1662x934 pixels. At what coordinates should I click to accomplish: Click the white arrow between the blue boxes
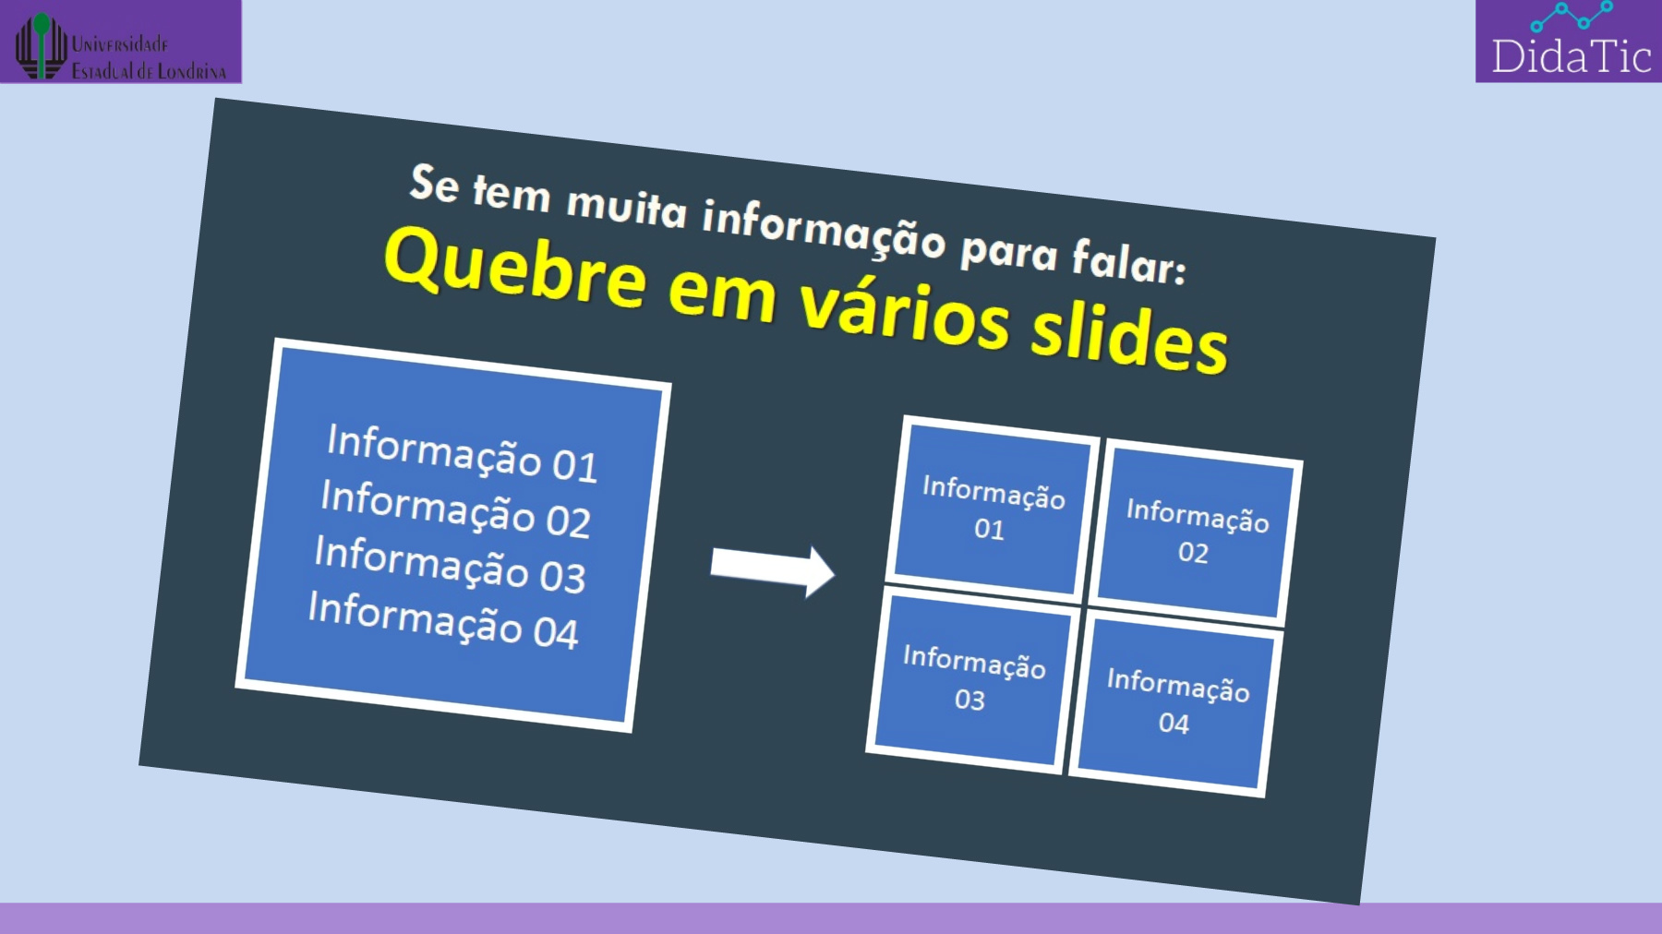[772, 569]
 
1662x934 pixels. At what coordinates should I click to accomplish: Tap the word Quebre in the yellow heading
[515, 268]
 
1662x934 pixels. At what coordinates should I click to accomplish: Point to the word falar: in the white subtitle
[1128, 261]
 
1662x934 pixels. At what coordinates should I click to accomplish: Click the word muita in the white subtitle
[627, 204]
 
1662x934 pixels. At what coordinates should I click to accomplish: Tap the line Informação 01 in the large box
[463, 452]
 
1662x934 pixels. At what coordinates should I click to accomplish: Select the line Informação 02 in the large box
[456, 509]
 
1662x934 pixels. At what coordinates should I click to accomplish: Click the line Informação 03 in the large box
[450, 564]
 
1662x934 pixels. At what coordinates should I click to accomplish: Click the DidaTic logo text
[1571, 57]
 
